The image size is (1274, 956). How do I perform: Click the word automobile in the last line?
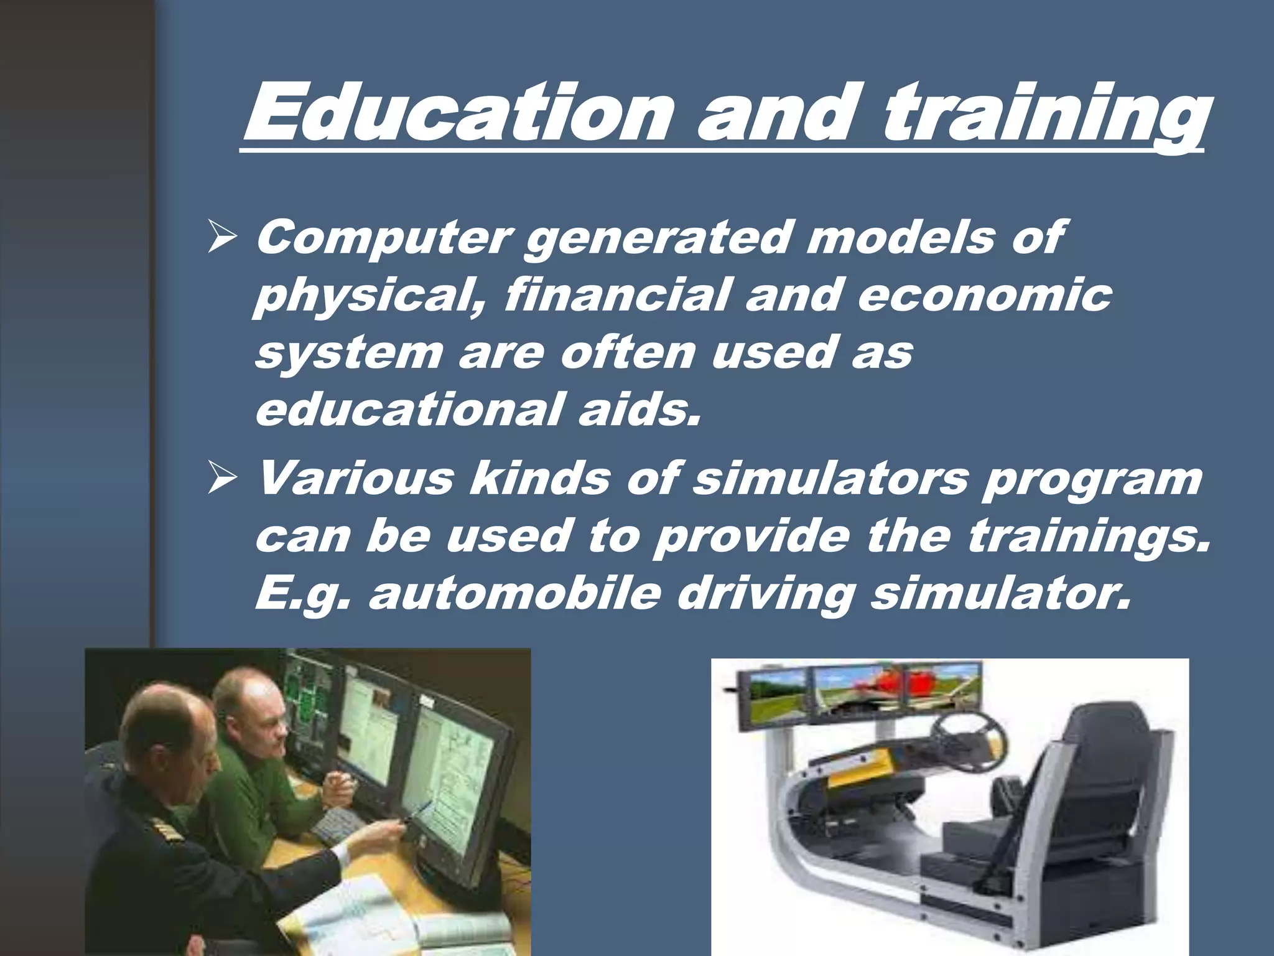(514, 594)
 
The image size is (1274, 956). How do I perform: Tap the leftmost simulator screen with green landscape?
(778, 694)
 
